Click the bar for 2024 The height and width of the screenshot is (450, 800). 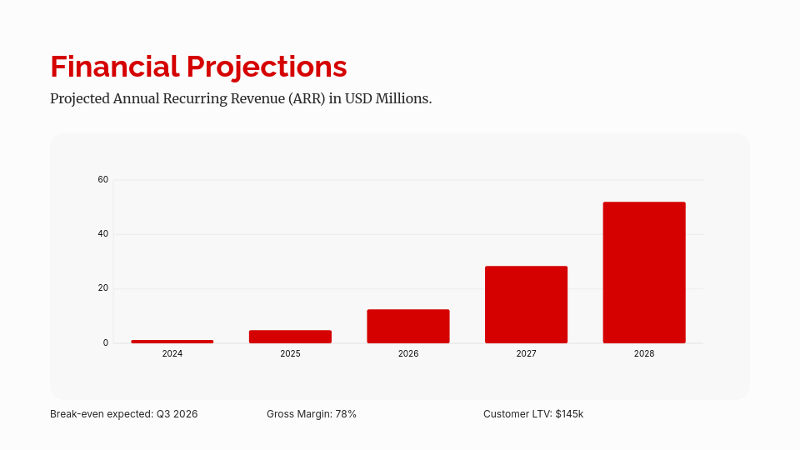pyautogui.click(x=172, y=342)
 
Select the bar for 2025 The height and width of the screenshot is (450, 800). pyautogui.click(x=290, y=337)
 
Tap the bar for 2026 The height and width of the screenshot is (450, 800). pyautogui.click(x=408, y=327)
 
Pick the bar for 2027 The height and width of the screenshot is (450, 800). pyautogui.click(x=526, y=305)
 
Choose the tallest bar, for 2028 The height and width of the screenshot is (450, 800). pyautogui.click(x=644, y=272)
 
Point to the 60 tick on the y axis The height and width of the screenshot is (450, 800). pyautogui.click(x=103, y=179)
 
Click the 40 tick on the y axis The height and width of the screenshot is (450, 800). pyautogui.click(x=103, y=234)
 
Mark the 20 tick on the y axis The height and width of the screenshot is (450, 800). pyautogui.click(x=103, y=288)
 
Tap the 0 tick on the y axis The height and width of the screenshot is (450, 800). pyautogui.click(x=106, y=342)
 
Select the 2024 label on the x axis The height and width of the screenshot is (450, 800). pyautogui.click(x=172, y=354)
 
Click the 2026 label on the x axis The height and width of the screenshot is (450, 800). pyautogui.click(x=408, y=354)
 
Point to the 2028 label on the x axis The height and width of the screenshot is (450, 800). pyautogui.click(x=644, y=354)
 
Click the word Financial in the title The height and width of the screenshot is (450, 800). pyautogui.click(x=113, y=67)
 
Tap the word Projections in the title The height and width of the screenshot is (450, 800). pyautogui.click(x=267, y=67)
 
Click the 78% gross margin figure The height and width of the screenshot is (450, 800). pyautogui.click(x=346, y=414)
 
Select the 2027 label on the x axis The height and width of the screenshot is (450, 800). pyautogui.click(x=526, y=354)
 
